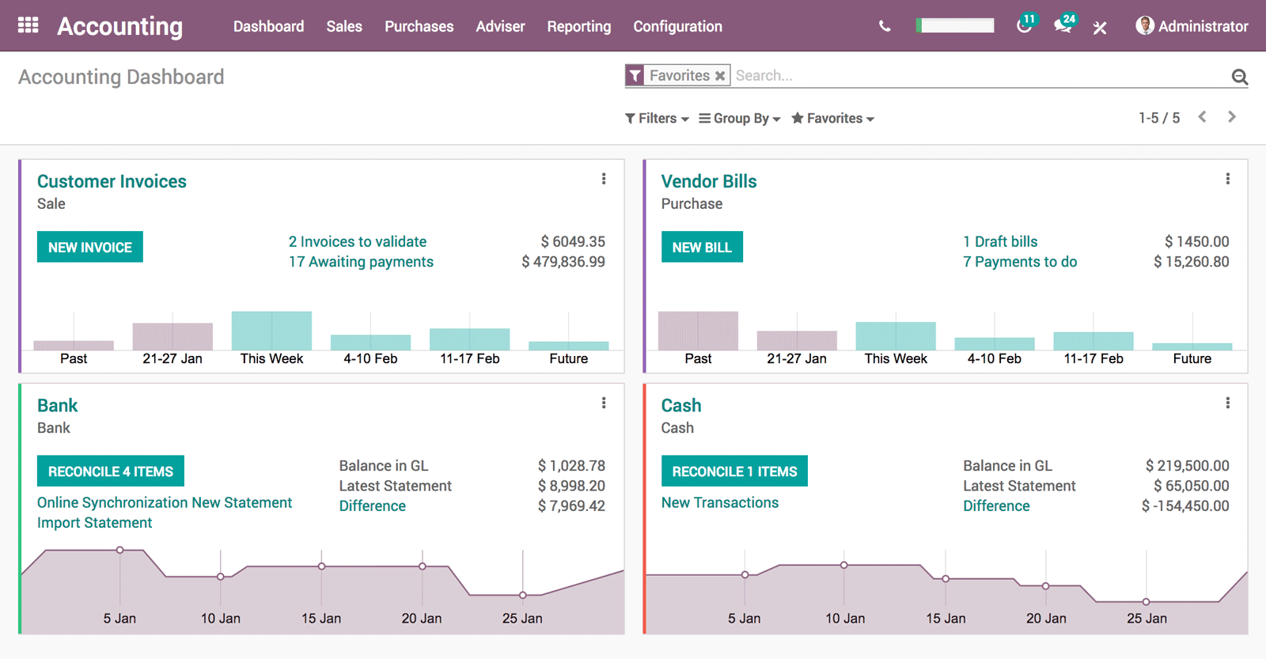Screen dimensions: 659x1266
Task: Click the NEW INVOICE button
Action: (x=89, y=247)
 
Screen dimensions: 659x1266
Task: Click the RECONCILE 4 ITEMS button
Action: (x=110, y=472)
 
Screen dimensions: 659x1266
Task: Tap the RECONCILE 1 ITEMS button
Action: (x=734, y=472)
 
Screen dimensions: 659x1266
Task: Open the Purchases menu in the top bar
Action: (x=419, y=26)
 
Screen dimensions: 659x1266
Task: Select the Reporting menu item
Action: (x=578, y=26)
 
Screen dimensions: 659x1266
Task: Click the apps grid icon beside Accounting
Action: (x=28, y=25)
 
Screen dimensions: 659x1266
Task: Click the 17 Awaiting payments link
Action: (x=361, y=262)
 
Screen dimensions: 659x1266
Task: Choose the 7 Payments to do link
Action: (x=1019, y=262)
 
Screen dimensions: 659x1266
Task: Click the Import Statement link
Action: (x=94, y=523)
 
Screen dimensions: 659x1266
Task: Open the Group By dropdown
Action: (x=740, y=118)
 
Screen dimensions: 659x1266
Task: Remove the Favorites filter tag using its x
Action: (x=720, y=76)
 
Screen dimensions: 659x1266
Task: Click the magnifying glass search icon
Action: (x=1239, y=77)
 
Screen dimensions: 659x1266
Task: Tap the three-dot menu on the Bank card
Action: (x=604, y=403)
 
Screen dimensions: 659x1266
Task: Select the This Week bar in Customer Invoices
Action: (x=271, y=331)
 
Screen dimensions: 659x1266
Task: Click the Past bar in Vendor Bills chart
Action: (x=698, y=331)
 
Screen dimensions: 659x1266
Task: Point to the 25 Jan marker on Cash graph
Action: (x=1146, y=602)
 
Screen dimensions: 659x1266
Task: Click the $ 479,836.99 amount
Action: (x=563, y=262)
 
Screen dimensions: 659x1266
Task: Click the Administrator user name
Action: (x=1202, y=26)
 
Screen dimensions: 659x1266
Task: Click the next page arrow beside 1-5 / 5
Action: (x=1231, y=117)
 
